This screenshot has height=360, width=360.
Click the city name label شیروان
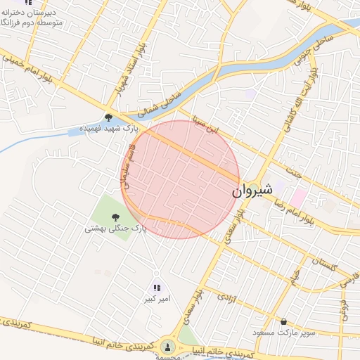pos(247,190)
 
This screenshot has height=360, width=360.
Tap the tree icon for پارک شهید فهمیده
pos(109,118)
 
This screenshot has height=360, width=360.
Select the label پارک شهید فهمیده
pos(109,129)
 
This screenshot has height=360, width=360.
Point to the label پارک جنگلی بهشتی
pos(110,229)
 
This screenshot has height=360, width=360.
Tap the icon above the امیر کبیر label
pos(157,288)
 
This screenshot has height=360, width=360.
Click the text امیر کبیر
pos(157,300)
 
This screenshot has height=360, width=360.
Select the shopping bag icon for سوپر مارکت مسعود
pos(283,321)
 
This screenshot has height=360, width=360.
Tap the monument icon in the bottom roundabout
pos(167,346)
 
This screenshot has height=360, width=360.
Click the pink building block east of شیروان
pos(299,198)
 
